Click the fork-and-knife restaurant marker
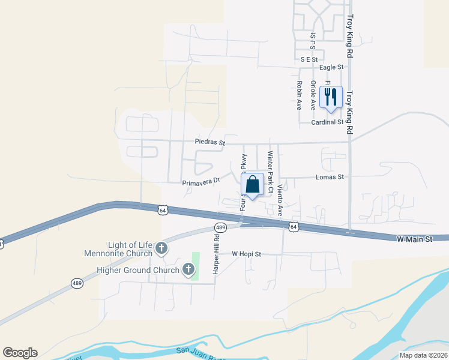tap(331, 98)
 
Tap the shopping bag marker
tap(253, 184)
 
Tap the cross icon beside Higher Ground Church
tap(189, 270)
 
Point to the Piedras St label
tap(209, 143)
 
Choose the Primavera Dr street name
tap(202, 182)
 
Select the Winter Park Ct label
tap(271, 172)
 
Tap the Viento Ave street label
tap(280, 201)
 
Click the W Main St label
tap(415, 239)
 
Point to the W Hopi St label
tap(247, 254)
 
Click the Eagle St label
tap(331, 68)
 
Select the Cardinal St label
tap(327, 122)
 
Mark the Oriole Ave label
tap(313, 95)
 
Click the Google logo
tap(20, 353)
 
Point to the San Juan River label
tap(198, 352)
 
